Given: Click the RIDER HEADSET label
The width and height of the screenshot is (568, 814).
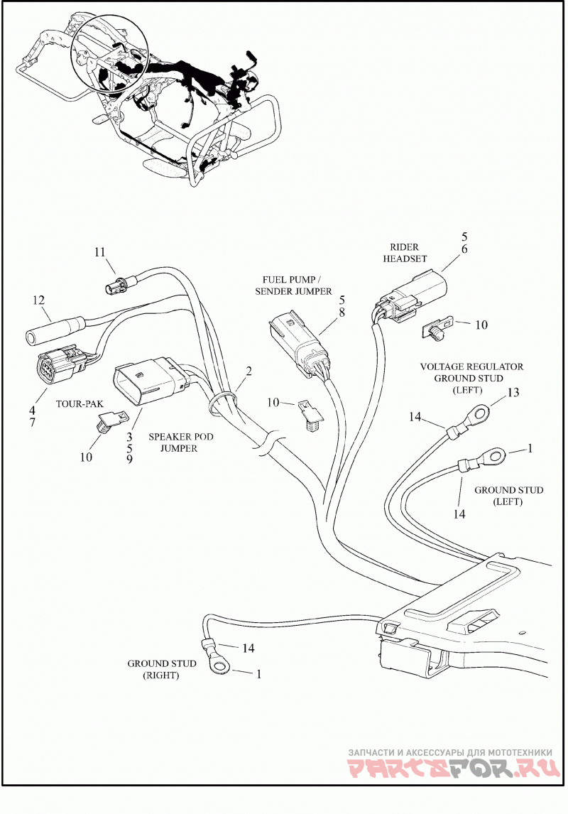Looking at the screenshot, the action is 405,253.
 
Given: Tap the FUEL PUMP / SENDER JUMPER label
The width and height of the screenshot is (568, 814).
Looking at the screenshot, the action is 293,286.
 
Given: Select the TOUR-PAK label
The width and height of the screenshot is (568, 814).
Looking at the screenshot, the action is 80,403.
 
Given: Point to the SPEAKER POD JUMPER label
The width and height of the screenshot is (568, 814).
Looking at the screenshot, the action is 180,443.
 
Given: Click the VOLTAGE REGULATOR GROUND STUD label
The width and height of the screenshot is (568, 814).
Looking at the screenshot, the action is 471,378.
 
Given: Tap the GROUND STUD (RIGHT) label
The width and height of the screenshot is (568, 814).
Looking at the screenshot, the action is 162,669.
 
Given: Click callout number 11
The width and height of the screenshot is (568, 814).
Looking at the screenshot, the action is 99,252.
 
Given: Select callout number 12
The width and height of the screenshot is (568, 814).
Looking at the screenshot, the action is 38,300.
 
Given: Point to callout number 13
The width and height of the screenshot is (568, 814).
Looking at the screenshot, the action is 513,393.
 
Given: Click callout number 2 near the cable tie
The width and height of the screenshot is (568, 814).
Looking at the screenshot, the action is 249,371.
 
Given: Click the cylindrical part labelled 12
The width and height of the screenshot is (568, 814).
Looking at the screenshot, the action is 51,331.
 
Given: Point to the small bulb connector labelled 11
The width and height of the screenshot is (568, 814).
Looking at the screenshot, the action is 123,283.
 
